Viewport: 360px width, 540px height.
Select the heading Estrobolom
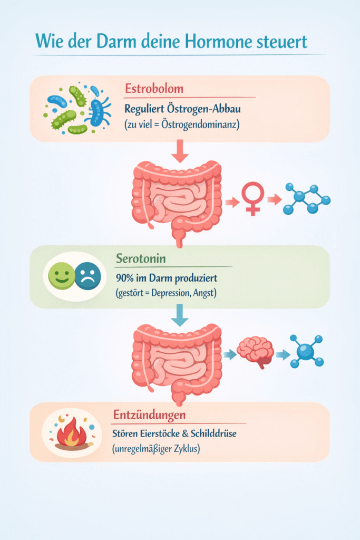[154, 88]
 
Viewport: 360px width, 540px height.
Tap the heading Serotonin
[142, 258]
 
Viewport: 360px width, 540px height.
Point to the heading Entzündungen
[149, 414]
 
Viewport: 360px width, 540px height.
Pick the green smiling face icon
[62, 276]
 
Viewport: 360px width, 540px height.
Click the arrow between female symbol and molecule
[273, 200]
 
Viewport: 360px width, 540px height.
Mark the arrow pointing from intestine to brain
[229, 355]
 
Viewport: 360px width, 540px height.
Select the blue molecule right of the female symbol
[306, 199]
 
